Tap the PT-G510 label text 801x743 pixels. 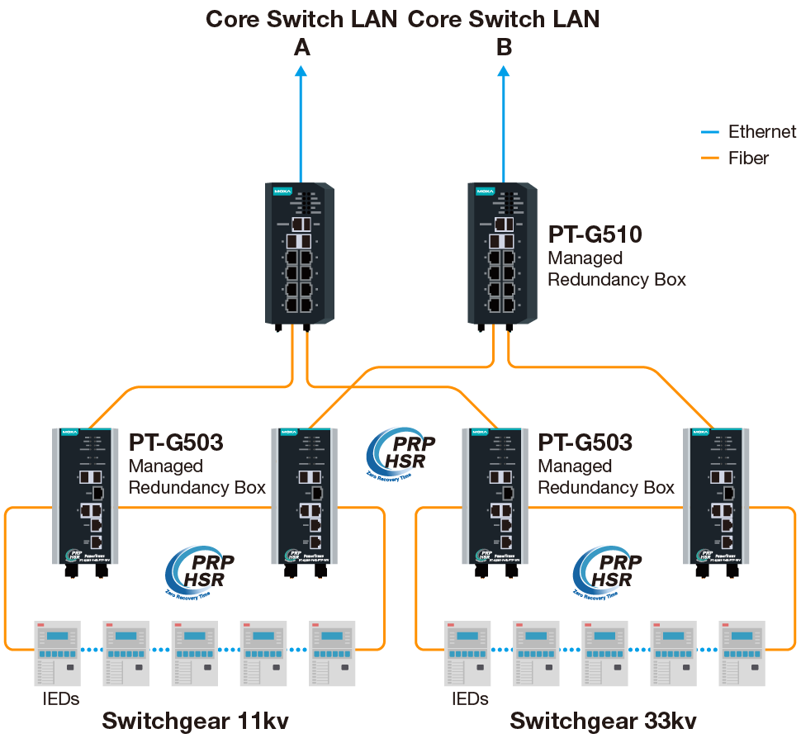click(x=595, y=235)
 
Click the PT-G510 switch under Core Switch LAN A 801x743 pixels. click(x=300, y=253)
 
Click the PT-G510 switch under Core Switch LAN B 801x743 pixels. click(x=502, y=253)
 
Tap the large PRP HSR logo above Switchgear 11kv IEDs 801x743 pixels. click(x=199, y=570)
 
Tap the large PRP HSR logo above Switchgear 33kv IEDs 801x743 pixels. click(x=607, y=570)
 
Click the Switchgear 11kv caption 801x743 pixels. click(x=195, y=721)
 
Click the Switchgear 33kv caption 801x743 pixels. click(x=603, y=721)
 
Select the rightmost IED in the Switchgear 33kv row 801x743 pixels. click(x=741, y=652)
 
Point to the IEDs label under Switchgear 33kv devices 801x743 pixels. click(x=469, y=699)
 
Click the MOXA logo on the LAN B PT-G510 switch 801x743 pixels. click(x=485, y=192)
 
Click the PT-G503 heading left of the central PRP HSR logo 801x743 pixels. click(x=176, y=443)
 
